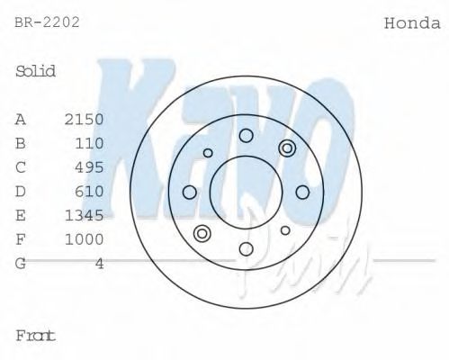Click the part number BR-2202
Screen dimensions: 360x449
(x=47, y=22)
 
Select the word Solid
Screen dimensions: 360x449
(x=36, y=71)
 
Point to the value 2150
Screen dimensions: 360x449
(x=85, y=119)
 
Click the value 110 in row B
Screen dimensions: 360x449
(x=90, y=143)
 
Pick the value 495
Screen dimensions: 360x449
(x=90, y=167)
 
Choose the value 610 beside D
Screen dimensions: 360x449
(x=90, y=191)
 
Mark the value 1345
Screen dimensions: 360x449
(x=85, y=215)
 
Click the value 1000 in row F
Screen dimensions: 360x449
(x=85, y=239)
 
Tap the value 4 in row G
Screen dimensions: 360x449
(x=100, y=264)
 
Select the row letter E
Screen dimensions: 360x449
(x=21, y=215)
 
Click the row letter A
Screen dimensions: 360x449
(x=21, y=119)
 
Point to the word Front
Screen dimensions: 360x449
(x=36, y=336)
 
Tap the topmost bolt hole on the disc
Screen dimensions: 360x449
(x=246, y=136)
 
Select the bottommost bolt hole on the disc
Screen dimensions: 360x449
(x=246, y=248)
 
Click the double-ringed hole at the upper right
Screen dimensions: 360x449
(x=287, y=148)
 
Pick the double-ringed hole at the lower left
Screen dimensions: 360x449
(x=202, y=235)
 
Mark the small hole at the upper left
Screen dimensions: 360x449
(x=208, y=153)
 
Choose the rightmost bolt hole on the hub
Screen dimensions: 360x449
(x=302, y=192)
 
